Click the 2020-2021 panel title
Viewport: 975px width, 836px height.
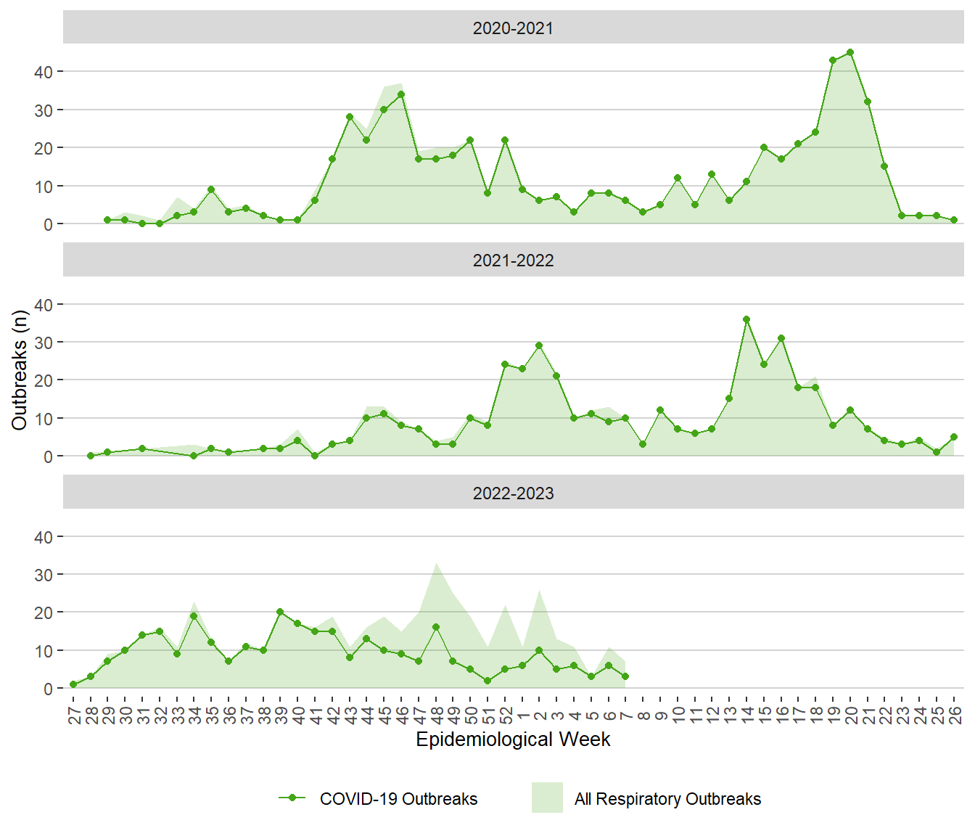(x=513, y=28)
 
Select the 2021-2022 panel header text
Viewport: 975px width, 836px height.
(x=513, y=261)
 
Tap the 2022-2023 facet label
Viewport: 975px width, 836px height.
(x=513, y=493)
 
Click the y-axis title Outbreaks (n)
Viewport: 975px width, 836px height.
(x=20, y=370)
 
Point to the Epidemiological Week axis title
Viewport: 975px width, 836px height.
(x=513, y=739)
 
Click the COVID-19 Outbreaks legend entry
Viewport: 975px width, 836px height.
(x=398, y=799)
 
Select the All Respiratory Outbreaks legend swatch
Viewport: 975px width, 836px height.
(x=547, y=798)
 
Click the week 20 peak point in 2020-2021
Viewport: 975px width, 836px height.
(x=850, y=52)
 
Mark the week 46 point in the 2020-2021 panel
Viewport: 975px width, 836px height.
(x=401, y=94)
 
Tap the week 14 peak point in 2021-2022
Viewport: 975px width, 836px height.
(x=746, y=319)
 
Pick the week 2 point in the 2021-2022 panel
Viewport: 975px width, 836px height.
(x=539, y=345)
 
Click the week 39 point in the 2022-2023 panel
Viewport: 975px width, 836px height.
(x=280, y=612)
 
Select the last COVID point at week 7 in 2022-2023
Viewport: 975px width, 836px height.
(x=625, y=676)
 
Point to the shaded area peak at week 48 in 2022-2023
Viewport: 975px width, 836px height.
(x=436, y=564)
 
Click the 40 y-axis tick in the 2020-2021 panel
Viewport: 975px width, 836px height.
(x=44, y=72)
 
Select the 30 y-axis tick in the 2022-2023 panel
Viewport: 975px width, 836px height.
(x=44, y=575)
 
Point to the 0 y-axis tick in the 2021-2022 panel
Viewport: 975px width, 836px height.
(x=48, y=456)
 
